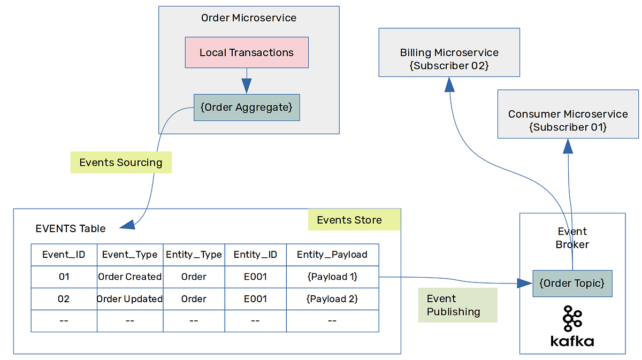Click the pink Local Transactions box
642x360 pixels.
tap(247, 52)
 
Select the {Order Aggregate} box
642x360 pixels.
tap(247, 108)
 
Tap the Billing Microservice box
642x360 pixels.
tap(449, 52)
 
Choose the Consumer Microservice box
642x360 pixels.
tap(568, 114)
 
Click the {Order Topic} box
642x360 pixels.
tap(572, 284)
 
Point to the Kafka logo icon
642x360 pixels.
tap(572, 319)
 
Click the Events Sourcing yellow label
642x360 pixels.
tap(121, 163)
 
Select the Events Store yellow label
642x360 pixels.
tap(354, 220)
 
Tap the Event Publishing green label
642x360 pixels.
tap(457, 305)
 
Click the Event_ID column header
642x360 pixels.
tap(64, 255)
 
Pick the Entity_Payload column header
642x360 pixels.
tap(332, 255)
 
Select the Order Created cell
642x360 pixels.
tap(130, 277)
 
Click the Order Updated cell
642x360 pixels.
tap(130, 299)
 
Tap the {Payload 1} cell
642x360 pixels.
tap(332, 277)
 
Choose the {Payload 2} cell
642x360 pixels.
tap(332, 299)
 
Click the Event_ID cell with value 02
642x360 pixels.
tap(64, 299)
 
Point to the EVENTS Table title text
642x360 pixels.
tap(71, 229)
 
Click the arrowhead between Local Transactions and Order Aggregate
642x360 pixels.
tap(246, 86)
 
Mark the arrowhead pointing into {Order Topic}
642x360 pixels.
tap(525, 284)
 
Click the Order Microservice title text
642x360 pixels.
tap(249, 18)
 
